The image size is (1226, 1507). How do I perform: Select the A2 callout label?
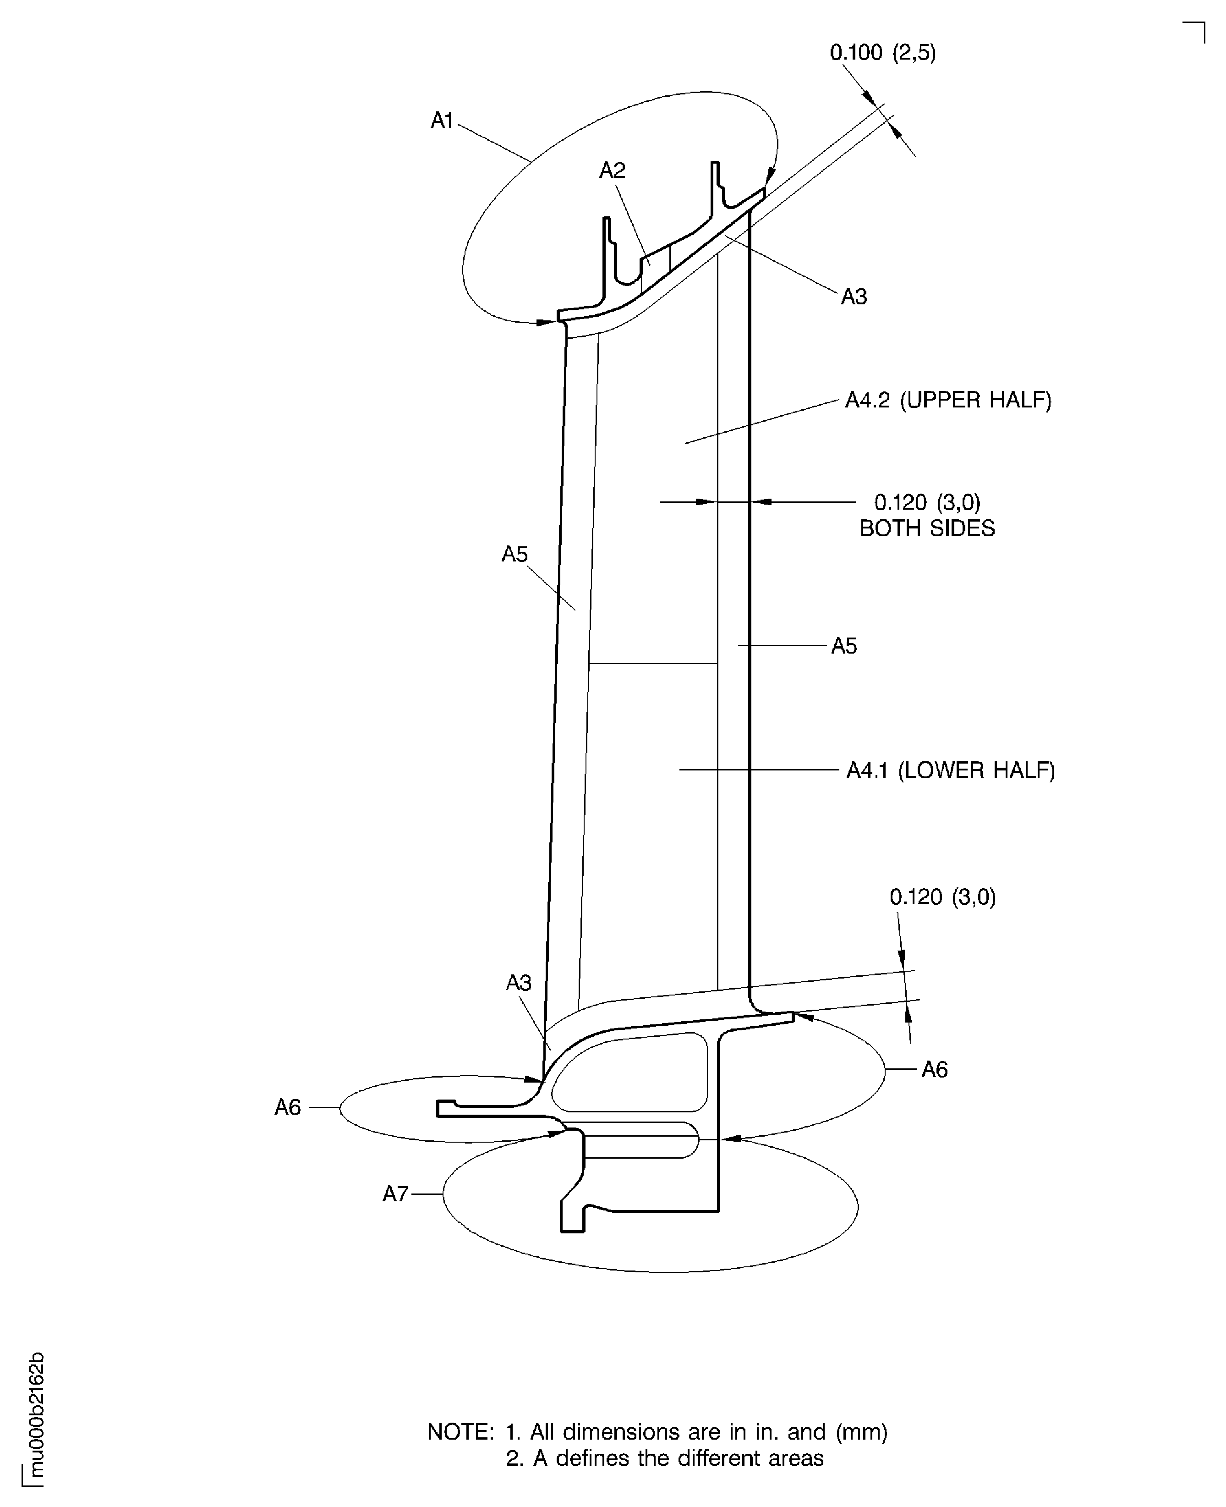(612, 170)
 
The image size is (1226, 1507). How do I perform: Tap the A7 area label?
(395, 1193)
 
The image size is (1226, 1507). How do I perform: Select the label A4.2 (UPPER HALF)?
(948, 401)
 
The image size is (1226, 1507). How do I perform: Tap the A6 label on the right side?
(934, 1070)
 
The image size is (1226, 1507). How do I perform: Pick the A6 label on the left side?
(287, 1107)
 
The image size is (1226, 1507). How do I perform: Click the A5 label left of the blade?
(515, 555)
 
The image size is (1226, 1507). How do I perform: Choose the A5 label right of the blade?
(844, 646)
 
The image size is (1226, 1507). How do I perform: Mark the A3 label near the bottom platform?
(518, 983)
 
